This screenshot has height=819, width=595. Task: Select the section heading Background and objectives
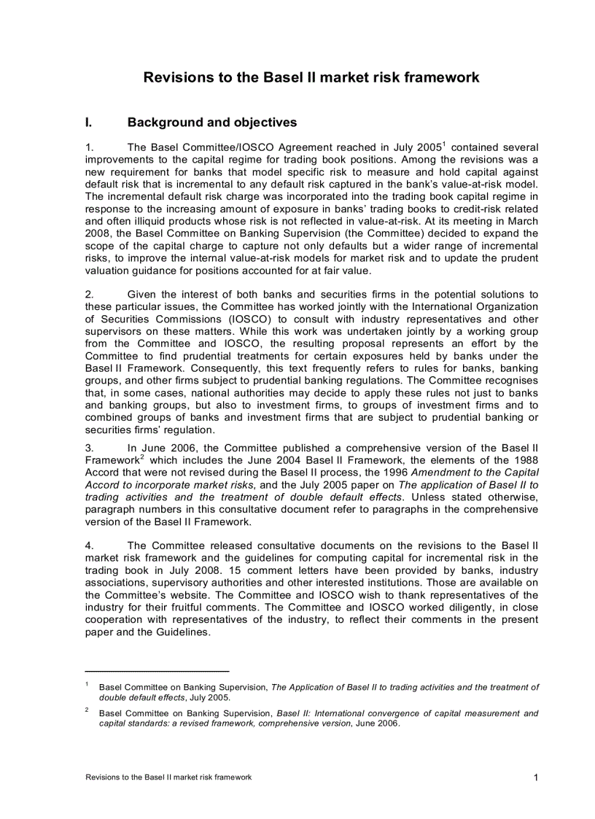[211, 123]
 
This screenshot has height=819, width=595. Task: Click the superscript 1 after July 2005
[445, 143]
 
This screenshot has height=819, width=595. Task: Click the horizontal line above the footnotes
[157, 670]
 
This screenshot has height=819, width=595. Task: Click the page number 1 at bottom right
[535, 777]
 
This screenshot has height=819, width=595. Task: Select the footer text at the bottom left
[168, 777]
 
